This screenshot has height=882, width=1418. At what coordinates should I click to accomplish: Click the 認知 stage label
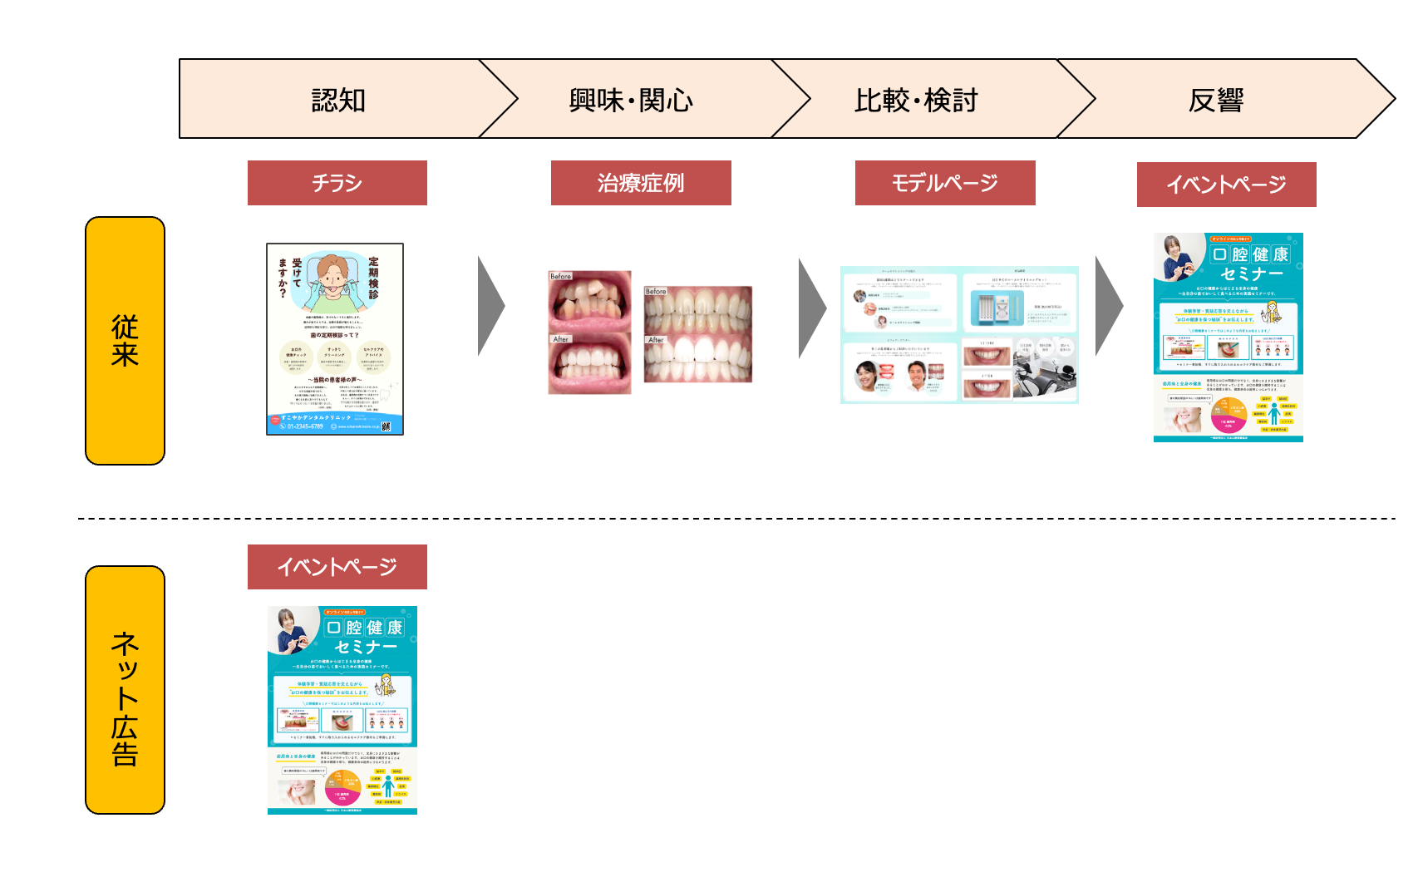click(x=338, y=100)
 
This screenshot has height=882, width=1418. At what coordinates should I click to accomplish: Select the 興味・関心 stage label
click(x=631, y=100)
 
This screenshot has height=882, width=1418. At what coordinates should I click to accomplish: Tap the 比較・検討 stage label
click(x=916, y=100)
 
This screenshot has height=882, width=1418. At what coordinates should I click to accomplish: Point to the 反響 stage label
click(x=1216, y=100)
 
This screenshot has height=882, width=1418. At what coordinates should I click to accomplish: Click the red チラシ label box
click(x=337, y=183)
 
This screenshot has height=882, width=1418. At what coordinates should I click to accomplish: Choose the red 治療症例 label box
click(x=641, y=183)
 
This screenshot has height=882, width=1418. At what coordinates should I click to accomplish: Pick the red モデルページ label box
click(x=945, y=183)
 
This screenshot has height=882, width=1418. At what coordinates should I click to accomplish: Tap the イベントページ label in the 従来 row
click(x=1226, y=185)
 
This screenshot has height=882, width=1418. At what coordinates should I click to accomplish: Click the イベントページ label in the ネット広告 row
click(x=337, y=567)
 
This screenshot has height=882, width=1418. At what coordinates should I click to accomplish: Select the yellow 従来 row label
click(x=125, y=341)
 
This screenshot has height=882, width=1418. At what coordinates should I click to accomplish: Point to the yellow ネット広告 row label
click(x=125, y=690)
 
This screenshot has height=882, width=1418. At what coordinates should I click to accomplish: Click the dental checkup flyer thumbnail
click(x=335, y=339)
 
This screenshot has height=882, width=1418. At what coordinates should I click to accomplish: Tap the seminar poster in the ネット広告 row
click(x=342, y=710)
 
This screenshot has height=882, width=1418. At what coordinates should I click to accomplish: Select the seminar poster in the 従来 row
click(x=1228, y=338)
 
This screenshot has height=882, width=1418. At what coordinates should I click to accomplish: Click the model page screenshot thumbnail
click(x=959, y=335)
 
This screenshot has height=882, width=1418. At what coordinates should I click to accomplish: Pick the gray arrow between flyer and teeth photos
click(x=490, y=306)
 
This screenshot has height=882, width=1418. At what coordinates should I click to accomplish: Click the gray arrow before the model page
click(x=810, y=308)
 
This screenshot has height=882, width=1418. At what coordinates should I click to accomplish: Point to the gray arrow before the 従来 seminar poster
click(x=1107, y=306)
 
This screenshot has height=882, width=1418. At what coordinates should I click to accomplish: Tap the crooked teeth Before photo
click(x=589, y=301)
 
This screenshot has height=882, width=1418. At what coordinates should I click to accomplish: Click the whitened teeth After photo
click(x=698, y=358)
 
